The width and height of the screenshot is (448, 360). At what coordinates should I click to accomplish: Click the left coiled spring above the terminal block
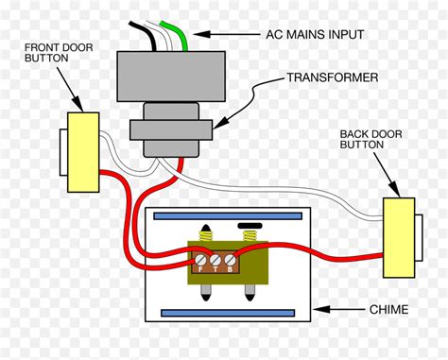[x=202, y=234]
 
